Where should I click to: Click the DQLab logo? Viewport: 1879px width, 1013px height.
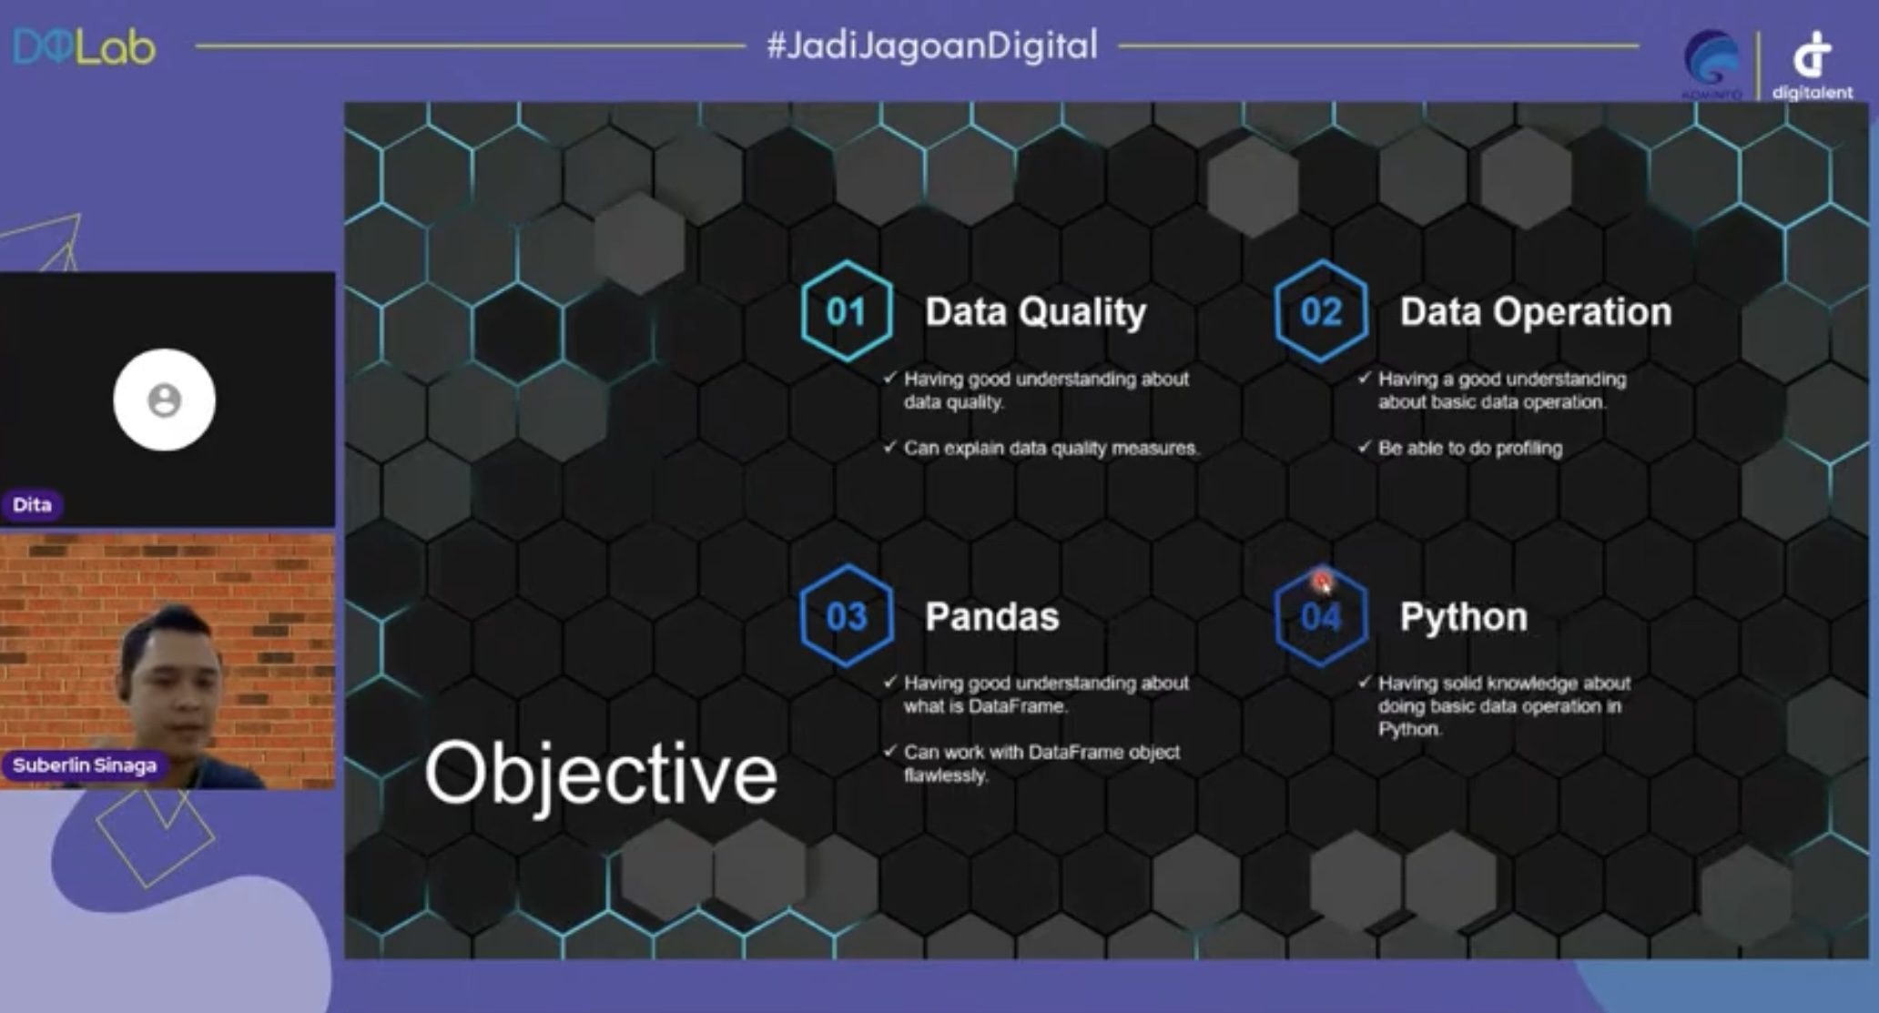click(84, 47)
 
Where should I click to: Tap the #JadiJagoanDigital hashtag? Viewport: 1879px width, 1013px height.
click(932, 46)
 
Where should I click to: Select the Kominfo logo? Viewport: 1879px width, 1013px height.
click(1712, 64)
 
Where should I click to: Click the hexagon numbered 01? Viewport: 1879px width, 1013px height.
click(847, 312)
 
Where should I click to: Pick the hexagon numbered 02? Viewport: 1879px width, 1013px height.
click(1321, 312)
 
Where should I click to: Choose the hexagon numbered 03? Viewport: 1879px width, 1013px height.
click(847, 616)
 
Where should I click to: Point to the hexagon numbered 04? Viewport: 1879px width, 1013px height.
click(1321, 616)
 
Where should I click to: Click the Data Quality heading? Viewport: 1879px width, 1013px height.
click(1036, 312)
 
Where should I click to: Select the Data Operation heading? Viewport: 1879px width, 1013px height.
click(1536, 312)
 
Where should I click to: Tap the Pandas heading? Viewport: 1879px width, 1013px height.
click(992, 617)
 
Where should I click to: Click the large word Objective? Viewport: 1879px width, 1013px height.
click(601, 774)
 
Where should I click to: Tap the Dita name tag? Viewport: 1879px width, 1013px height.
click(32, 504)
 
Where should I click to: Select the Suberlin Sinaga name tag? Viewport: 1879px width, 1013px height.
click(85, 765)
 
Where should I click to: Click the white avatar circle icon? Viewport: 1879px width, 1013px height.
click(165, 400)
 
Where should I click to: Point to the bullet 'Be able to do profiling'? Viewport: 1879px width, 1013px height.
click(1459, 448)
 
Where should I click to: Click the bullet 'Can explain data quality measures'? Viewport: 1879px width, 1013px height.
click(1041, 448)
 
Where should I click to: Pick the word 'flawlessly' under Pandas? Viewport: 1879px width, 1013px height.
click(945, 775)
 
